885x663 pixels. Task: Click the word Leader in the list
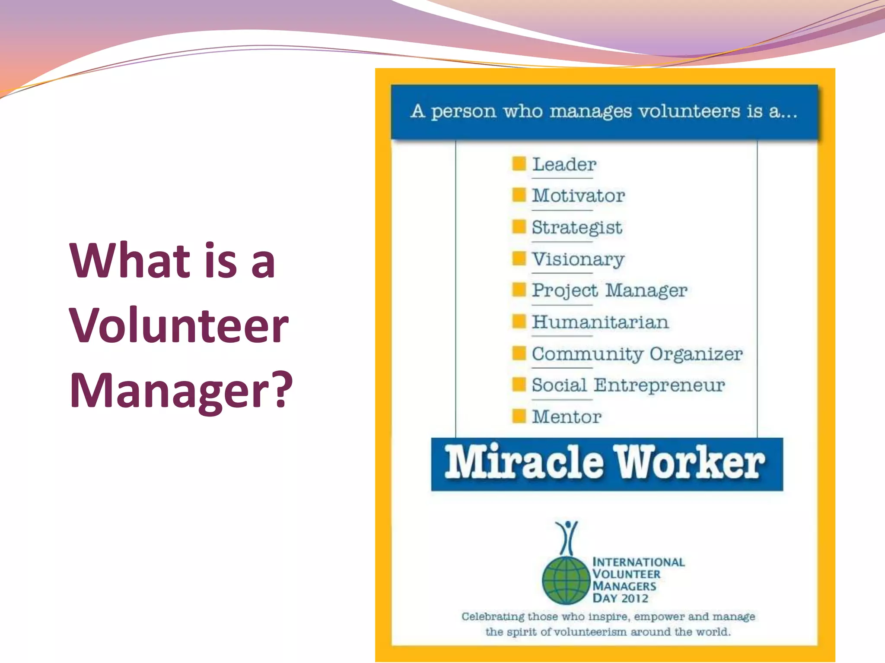pos(564,164)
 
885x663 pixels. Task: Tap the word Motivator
pos(578,196)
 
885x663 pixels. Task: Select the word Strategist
pos(576,227)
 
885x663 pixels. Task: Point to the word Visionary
pos(578,259)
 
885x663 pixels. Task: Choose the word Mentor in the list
pos(567,417)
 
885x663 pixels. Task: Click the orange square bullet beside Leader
pos(519,164)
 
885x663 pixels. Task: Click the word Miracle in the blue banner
pos(524,463)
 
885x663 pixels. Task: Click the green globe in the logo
pos(566,580)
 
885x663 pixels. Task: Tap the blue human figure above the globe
pos(567,537)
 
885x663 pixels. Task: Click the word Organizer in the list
pos(696,354)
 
